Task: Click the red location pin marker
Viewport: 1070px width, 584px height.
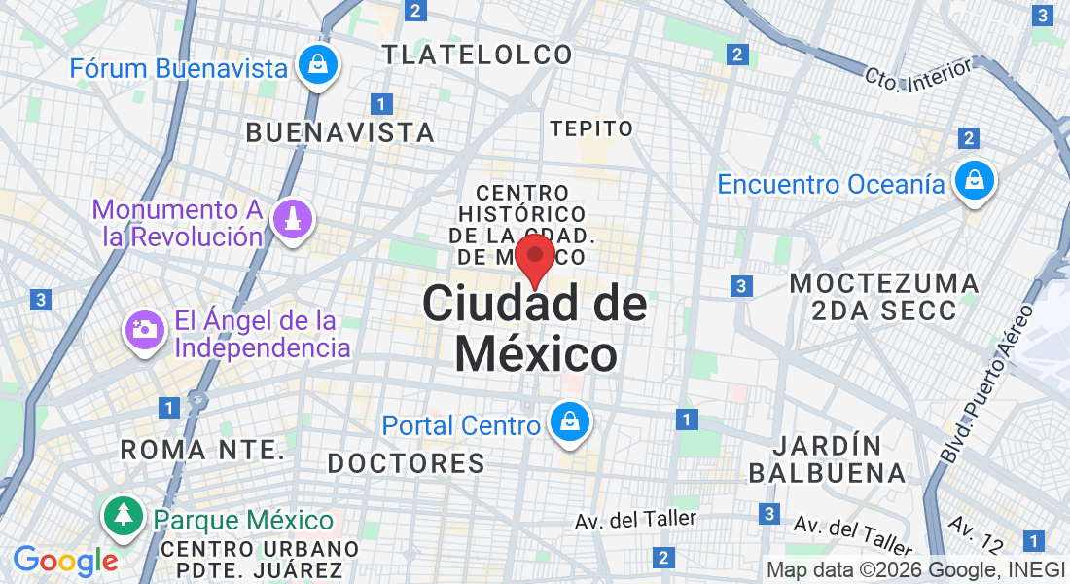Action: click(534, 258)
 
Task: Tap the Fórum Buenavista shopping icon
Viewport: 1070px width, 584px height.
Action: click(318, 65)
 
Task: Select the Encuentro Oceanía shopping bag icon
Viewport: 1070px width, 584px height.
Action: click(972, 181)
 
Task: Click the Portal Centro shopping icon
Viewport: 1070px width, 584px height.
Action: click(565, 423)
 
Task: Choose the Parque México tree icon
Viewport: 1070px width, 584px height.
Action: click(123, 517)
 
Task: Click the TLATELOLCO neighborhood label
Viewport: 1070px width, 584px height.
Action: click(478, 55)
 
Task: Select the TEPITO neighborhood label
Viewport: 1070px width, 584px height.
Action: click(591, 128)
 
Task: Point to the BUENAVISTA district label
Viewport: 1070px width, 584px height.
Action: click(339, 132)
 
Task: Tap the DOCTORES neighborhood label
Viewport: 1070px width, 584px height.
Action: click(406, 463)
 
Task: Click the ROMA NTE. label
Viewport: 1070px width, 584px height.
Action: click(202, 450)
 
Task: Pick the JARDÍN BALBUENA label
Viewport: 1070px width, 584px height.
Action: click(827, 459)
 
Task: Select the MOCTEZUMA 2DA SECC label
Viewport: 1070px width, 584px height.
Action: click(884, 297)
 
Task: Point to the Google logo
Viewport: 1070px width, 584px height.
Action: click(65, 561)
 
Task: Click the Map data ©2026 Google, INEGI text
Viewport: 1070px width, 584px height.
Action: click(915, 570)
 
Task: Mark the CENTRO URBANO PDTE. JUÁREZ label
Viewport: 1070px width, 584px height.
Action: click(252, 560)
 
